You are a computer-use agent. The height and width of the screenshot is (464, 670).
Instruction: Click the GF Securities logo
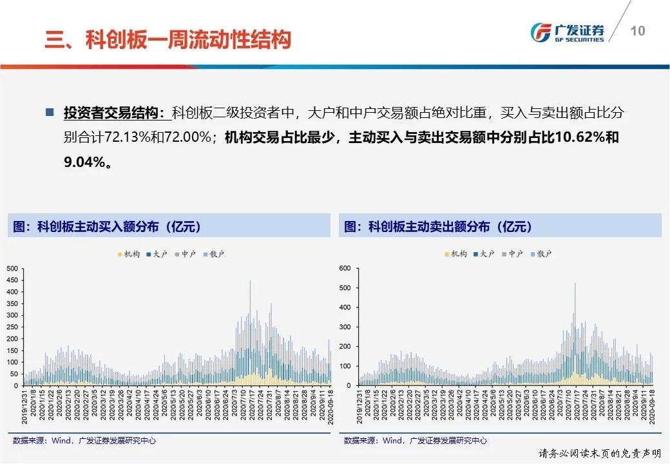coord(567,32)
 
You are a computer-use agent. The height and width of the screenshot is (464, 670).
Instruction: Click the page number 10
coord(637,31)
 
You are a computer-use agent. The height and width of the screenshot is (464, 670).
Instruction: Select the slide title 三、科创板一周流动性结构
coord(167,40)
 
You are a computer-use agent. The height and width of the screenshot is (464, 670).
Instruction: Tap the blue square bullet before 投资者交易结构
coord(50,112)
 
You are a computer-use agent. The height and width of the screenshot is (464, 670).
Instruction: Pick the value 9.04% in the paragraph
coord(84,162)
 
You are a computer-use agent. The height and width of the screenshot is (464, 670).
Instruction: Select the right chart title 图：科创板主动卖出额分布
coord(438,227)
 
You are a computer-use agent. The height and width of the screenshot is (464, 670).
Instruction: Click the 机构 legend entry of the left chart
coord(128,255)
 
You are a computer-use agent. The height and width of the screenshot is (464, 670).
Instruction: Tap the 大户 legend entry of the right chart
coord(484,255)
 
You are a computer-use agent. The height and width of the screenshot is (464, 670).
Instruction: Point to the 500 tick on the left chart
coord(12,268)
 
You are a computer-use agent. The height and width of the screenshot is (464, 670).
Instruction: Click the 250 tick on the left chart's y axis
coord(12,327)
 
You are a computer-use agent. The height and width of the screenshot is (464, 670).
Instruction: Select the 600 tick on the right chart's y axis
coord(344,268)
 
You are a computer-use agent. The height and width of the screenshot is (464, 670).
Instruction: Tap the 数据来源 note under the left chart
coord(84,441)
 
